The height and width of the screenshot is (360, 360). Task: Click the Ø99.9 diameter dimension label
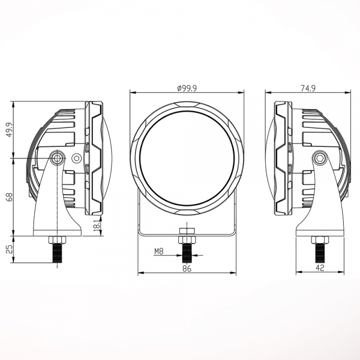pos(187,88)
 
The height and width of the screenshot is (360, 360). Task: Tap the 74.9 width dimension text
pos(308,88)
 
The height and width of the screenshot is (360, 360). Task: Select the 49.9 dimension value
pos(9,130)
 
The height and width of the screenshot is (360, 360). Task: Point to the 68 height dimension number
pos(10,197)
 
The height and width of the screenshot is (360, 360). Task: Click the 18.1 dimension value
pos(97,225)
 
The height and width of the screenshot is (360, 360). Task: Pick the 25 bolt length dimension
pos(9,249)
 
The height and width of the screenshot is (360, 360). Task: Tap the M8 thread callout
pos(158,251)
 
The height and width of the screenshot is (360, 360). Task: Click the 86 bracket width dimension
pos(187,268)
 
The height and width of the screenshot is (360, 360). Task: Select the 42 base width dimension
pos(320,268)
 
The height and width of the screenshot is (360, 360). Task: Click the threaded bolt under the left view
pos(57,253)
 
